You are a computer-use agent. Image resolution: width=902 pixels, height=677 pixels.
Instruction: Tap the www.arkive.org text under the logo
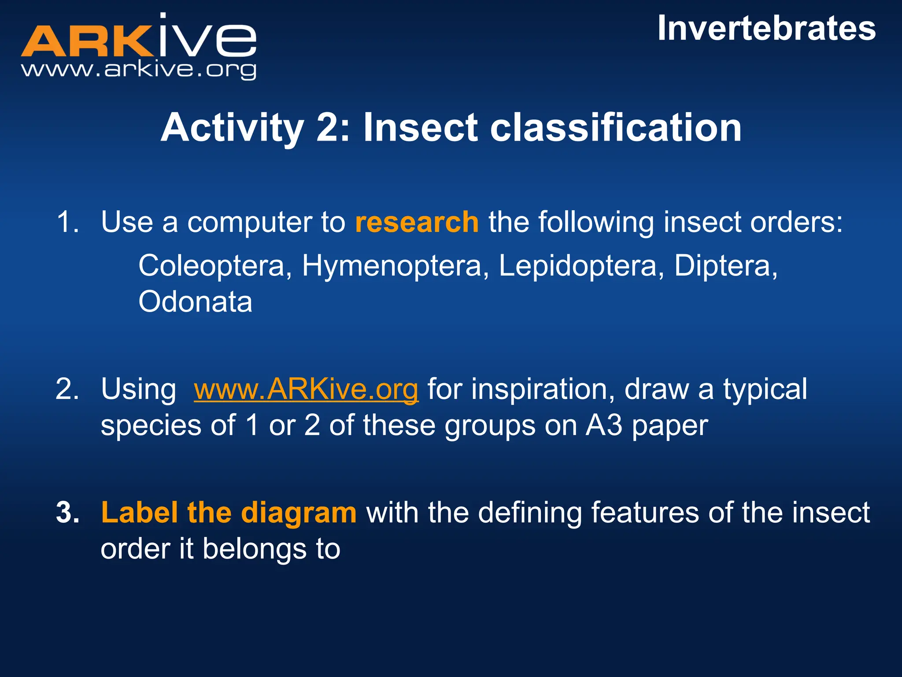138,70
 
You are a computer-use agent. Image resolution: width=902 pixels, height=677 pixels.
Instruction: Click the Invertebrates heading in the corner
766,29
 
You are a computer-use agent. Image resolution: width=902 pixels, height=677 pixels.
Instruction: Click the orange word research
417,222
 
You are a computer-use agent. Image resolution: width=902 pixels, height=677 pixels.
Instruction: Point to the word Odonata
195,302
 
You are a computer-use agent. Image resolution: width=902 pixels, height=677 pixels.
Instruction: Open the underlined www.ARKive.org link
306,390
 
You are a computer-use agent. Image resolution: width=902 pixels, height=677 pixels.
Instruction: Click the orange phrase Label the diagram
229,513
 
